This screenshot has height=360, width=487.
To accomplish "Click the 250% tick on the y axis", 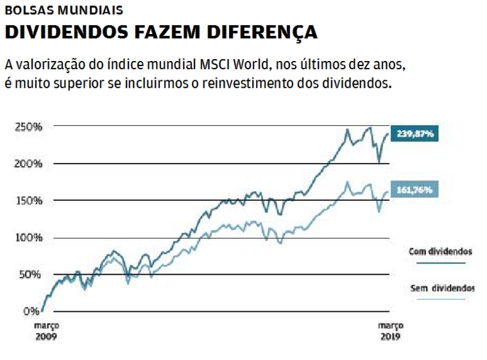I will pyautogui.click(x=29, y=126).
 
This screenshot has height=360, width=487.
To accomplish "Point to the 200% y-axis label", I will pyautogui.click(x=29, y=164).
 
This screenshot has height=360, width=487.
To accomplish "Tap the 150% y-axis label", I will pyautogui.click(x=29, y=201).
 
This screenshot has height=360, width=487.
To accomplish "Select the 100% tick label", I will pyautogui.click(x=29, y=238).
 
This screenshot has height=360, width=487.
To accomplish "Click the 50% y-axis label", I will pyautogui.click(x=31, y=275).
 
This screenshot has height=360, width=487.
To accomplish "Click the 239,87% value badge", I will pyautogui.click(x=415, y=134).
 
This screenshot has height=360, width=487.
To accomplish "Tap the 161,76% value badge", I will pyautogui.click(x=415, y=190).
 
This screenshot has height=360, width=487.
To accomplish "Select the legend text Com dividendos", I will pyautogui.click(x=441, y=251).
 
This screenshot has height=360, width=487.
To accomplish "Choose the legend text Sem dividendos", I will pyautogui.click(x=442, y=288).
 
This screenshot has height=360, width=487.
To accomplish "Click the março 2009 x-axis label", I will pyautogui.click(x=46, y=330).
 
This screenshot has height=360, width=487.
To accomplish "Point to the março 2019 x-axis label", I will pyautogui.click(x=390, y=330).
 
